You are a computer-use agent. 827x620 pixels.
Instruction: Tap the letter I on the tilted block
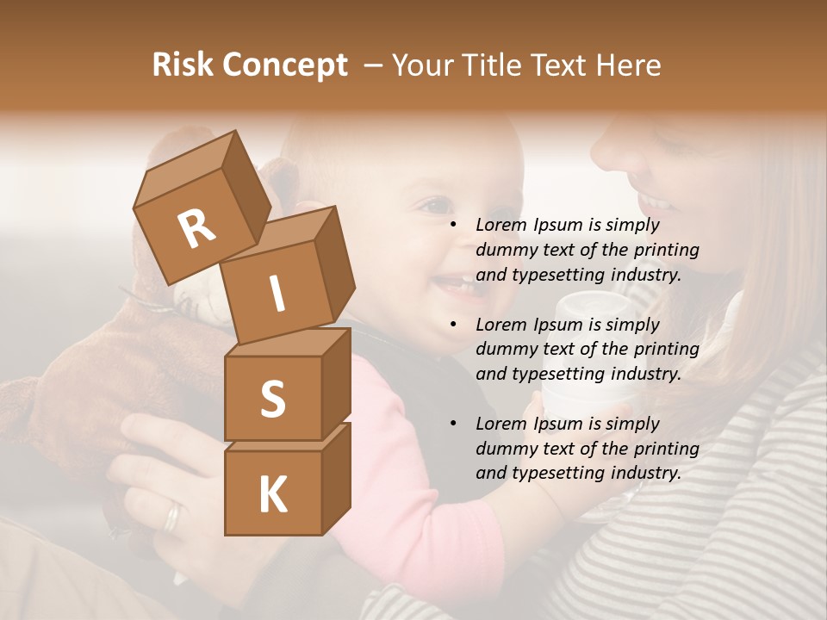point(277,294)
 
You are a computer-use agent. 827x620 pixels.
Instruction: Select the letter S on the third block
point(272,399)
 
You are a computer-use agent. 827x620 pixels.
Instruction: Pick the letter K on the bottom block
point(272,494)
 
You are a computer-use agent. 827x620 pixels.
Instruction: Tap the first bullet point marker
point(453,225)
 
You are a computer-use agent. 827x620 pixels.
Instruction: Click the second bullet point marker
point(453,325)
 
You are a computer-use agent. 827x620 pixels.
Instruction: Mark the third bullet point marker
point(453,424)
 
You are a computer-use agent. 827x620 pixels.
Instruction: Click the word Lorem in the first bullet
point(501,225)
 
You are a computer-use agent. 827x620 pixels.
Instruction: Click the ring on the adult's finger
point(173,517)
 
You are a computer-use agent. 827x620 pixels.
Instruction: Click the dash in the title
point(374,65)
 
